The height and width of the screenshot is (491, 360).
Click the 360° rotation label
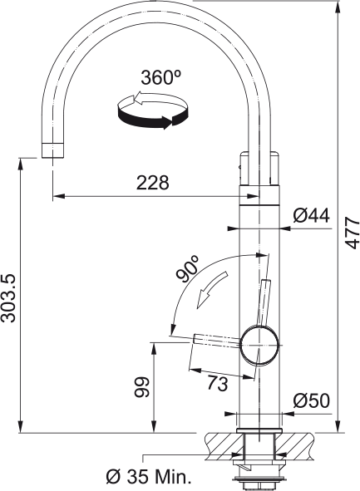160,78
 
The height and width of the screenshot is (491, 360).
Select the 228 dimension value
152,183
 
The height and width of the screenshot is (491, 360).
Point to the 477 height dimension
352,232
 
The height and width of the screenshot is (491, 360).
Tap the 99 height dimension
141,387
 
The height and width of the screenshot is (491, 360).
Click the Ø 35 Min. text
150,477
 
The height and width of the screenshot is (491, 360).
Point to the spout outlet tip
52,150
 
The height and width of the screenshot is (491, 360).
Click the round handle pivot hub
260,343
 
